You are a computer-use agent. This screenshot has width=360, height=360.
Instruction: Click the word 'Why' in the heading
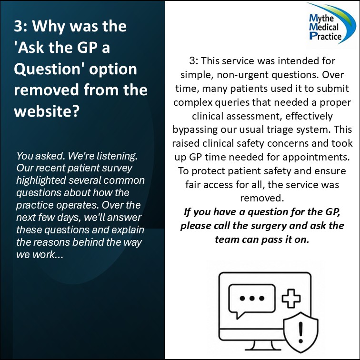click(x=49, y=26)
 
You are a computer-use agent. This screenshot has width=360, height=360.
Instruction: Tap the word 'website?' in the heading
click(x=47, y=111)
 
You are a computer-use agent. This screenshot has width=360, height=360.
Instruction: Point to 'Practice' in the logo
click(x=325, y=36)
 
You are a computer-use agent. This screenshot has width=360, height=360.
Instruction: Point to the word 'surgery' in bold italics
click(x=269, y=226)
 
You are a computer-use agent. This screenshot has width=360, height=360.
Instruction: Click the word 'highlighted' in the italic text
click(x=41, y=180)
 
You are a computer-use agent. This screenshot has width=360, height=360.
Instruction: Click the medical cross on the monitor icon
click(x=291, y=298)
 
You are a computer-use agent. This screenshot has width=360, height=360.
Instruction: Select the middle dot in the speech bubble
click(x=252, y=298)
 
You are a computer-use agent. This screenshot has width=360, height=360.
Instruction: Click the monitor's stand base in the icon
click(x=263, y=349)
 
